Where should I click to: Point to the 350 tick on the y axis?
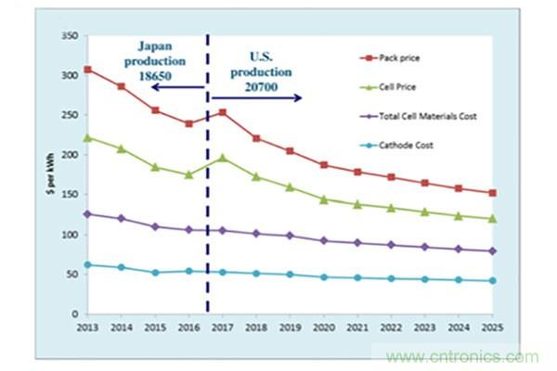(69, 35)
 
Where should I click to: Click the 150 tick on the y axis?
(69, 195)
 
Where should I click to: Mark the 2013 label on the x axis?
(88, 329)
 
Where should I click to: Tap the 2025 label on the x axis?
(493, 329)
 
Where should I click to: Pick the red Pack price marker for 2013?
(88, 70)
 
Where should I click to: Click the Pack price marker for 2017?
(222, 112)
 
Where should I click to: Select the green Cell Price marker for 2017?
(222, 158)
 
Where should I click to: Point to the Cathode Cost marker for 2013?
(88, 264)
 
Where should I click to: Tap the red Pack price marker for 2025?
(493, 193)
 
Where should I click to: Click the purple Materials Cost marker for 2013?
(88, 213)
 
